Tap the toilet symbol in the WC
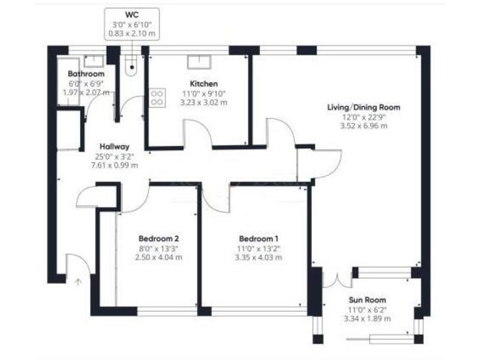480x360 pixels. pyautogui.click(x=131, y=65)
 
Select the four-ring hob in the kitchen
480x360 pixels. pyautogui.click(x=157, y=97)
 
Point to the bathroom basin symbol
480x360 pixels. pyautogui.click(x=95, y=61)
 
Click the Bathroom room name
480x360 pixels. pyautogui.click(x=86, y=74)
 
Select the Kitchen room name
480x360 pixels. pyautogui.click(x=204, y=83)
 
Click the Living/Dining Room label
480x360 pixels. pyautogui.click(x=363, y=107)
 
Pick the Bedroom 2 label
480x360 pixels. pyautogui.click(x=159, y=238)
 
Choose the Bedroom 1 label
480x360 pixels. pyautogui.click(x=259, y=238)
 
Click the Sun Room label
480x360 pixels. pyautogui.click(x=367, y=299)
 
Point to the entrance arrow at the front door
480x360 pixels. pyautogui.click(x=78, y=282)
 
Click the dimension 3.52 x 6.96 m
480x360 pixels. pyautogui.click(x=363, y=126)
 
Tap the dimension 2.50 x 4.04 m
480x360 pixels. pyautogui.click(x=159, y=257)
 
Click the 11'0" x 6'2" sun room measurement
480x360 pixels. pyautogui.click(x=367, y=309)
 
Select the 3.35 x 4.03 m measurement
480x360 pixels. pyautogui.click(x=259, y=257)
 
